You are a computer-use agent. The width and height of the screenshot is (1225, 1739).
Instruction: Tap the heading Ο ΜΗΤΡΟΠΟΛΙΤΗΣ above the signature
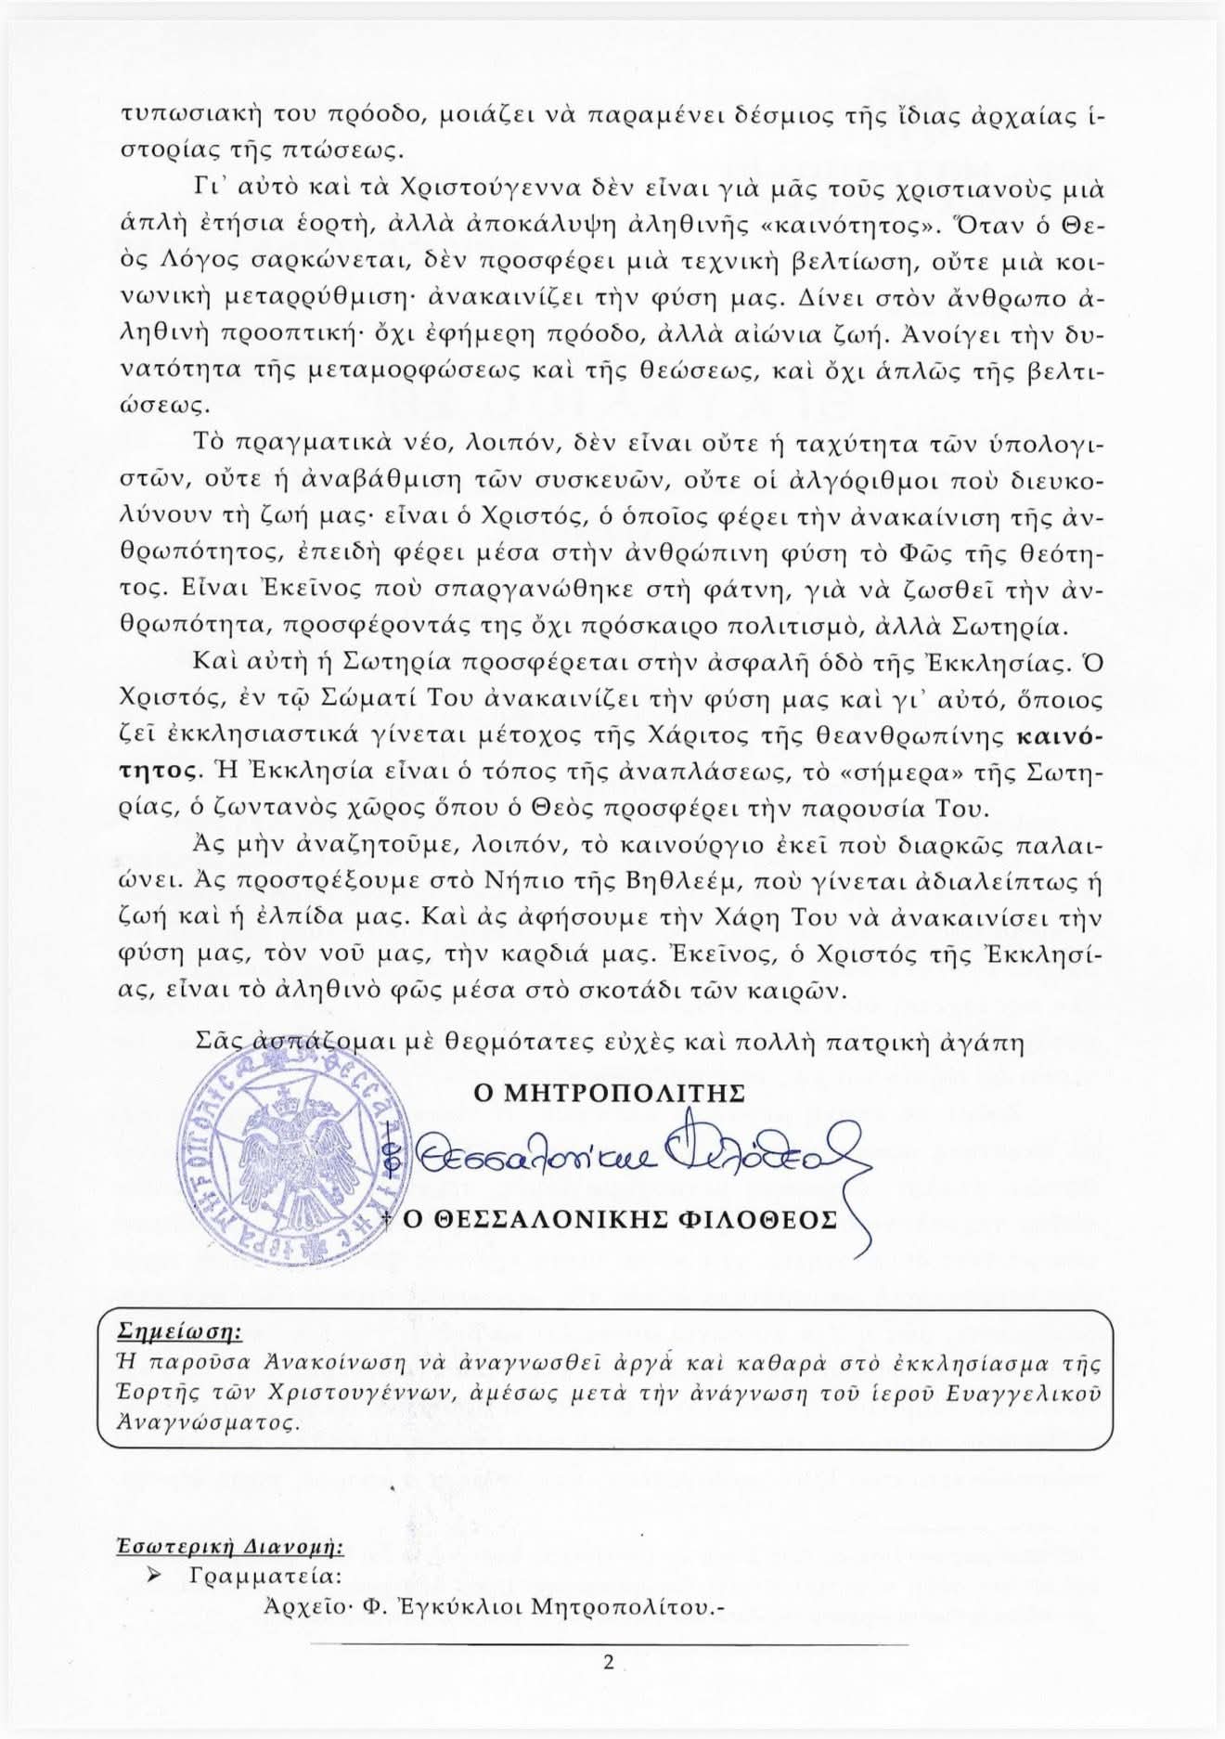[x=609, y=1094]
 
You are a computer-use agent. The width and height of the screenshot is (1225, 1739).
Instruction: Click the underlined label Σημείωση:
[x=180, y=1332]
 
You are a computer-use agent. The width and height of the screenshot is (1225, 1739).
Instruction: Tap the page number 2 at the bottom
[x=609, y=1663]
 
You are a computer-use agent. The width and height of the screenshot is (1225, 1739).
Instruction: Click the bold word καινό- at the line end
[x=1061, y=737]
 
